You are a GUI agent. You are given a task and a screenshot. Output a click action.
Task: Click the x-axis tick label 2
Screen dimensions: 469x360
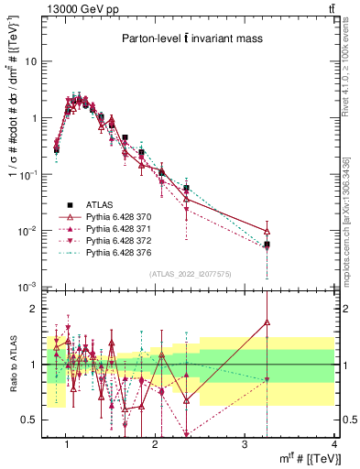point(156,445)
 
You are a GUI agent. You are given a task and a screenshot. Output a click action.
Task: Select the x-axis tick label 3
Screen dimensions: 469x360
point(245,445)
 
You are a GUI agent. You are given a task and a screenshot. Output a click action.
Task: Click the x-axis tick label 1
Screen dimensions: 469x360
point(67,445)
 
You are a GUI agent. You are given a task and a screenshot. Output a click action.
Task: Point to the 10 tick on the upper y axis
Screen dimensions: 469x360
point(31,61)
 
